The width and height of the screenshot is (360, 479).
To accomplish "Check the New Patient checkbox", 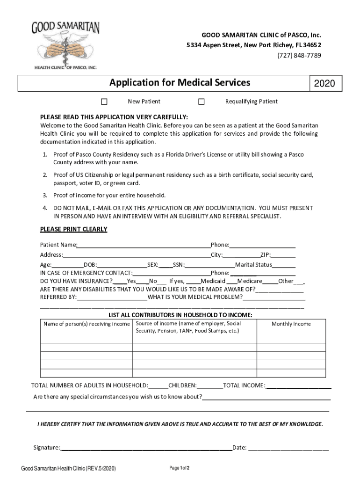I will pyautogui.click(x=104, y=102).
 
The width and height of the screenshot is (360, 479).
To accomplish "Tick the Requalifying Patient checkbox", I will pyautogui.click(x=202, y=102).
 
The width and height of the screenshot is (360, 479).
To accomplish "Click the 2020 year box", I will pyautogui.click(x=324, y=84).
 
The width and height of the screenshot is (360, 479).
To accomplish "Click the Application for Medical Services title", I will pyautogui.click(x=180, y=83).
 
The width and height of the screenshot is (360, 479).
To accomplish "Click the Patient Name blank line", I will pyautogui.click(x=144, y=246).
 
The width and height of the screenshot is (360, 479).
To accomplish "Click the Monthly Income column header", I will pyautogui.click(x=291, y=324).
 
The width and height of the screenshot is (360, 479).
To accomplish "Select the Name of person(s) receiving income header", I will pyautogui.click(x=86, y=324).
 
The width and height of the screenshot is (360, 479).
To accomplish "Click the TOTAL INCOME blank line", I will pyautogui.click(x=299, y=386).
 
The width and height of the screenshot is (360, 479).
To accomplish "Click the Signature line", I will pyautogui.click(x=146, y=448).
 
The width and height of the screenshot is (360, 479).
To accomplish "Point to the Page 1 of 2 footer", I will pyautogui.click(x=179, y=468).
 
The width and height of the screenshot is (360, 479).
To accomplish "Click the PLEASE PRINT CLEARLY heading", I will pyautogui.click(x=73, y=229).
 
